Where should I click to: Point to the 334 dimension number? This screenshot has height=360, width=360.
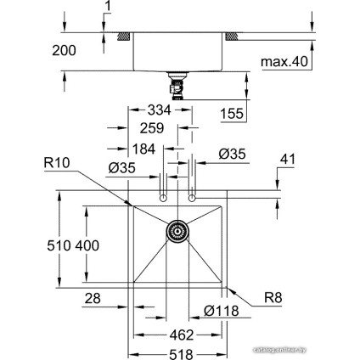160,110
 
